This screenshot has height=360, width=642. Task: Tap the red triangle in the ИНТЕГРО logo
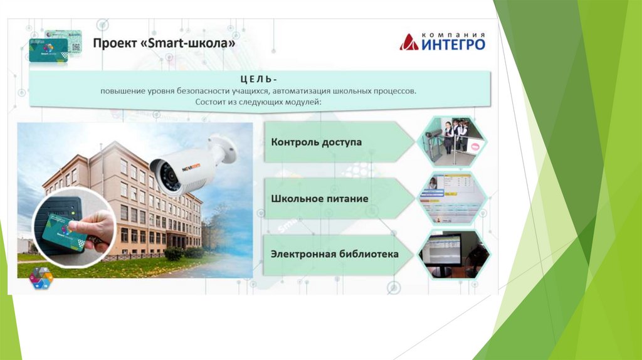click(409, 42)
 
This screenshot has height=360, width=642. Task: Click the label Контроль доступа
click(316, 142)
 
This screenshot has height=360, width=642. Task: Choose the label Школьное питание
click(319, 199)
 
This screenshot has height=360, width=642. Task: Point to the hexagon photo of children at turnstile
click(453, 142)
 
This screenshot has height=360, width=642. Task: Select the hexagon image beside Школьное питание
click(453, 198)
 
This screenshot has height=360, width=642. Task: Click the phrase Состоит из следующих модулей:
click(258, 102)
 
